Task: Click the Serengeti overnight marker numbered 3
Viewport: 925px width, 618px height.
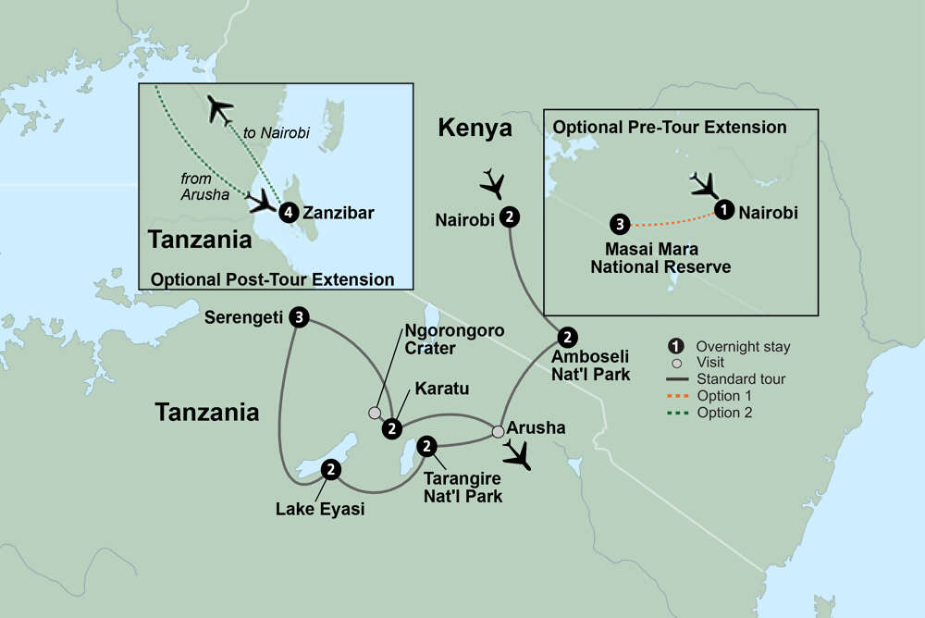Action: [x=298, y=317]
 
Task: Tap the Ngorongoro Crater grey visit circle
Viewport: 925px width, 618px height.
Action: [x=375, y=412]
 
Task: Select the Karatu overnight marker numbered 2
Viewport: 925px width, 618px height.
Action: [x=393, y=428]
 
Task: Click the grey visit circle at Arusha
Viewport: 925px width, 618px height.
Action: [x=498, y=431]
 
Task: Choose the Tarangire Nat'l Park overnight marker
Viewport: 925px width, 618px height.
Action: [x=426, y=446]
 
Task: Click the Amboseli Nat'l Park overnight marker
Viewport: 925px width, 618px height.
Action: [x=568, y=337]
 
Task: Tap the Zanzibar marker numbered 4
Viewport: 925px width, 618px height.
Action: [x=290, y=213]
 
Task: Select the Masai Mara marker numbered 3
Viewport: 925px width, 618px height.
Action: [x=620, y=223]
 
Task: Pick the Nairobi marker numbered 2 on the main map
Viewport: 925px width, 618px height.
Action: [x=510, y=218]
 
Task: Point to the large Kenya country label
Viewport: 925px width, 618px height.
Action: [x=475, y=129]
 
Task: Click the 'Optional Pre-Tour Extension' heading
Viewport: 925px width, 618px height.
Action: [x=669, y=128]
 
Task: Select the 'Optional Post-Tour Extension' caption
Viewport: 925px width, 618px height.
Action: [x=272, y=278]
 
